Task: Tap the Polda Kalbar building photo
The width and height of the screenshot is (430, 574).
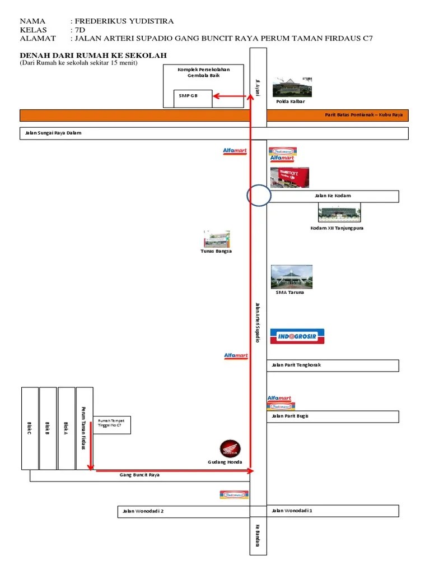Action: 291,87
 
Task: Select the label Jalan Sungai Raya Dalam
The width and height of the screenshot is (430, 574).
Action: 50,133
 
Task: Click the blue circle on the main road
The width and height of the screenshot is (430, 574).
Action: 259,196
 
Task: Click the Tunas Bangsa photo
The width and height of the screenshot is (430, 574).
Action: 217,239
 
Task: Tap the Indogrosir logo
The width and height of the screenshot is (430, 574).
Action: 297,336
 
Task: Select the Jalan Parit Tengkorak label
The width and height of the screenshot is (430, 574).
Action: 296,365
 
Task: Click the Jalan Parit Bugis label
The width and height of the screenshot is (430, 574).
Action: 290,416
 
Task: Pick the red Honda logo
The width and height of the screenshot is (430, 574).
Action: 230,448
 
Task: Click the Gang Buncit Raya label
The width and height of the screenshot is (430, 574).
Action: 140,475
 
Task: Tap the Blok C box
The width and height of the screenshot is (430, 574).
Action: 30,428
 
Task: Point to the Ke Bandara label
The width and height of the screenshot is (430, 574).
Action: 258,535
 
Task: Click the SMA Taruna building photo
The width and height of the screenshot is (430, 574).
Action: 291,277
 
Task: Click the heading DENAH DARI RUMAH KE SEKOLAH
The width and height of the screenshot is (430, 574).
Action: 93,55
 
